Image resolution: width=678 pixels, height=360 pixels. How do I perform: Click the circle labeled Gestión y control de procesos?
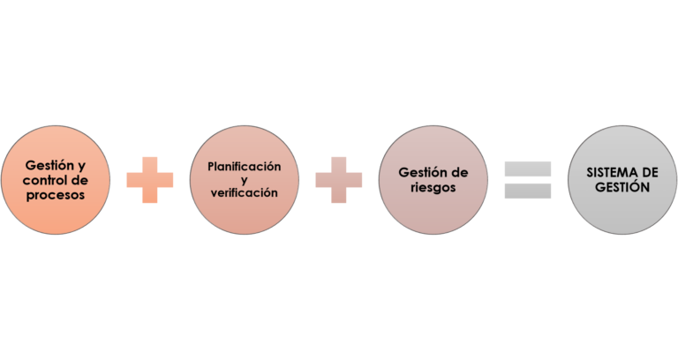(56, 180)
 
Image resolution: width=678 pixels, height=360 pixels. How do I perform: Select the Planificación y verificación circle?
(244, 180)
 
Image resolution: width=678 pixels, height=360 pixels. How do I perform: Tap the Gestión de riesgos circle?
(433, 180)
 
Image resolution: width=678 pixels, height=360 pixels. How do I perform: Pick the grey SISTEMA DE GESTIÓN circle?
(622, 180)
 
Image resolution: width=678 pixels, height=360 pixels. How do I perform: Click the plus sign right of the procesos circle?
(150, 180)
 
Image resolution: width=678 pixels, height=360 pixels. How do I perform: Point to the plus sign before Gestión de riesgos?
(339, 180)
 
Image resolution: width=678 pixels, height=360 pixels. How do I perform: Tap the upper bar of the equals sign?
(528, 169)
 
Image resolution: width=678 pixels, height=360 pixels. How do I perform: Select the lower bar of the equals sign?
(528, 191)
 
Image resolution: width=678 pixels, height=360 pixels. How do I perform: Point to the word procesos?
(56, 195)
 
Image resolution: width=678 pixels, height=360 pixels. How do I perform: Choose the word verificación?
(245, 192)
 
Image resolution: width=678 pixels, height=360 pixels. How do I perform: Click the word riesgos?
(433, 187)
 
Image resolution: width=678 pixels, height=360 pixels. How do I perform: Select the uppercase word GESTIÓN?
(622, 188)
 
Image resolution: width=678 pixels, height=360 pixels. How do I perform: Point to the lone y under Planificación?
(244, 179)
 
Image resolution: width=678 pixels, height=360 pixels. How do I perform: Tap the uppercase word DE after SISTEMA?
(649, 173)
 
